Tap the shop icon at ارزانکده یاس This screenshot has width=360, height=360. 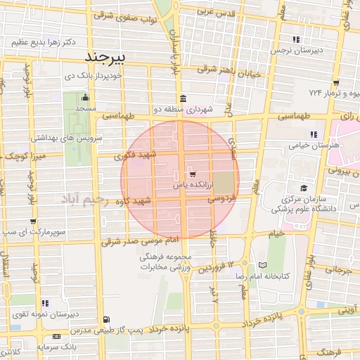[192, 173]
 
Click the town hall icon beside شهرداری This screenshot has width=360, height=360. [183, 98]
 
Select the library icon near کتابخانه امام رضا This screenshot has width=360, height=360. [262, 265]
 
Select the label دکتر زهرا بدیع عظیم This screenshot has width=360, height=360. [39, 42]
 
